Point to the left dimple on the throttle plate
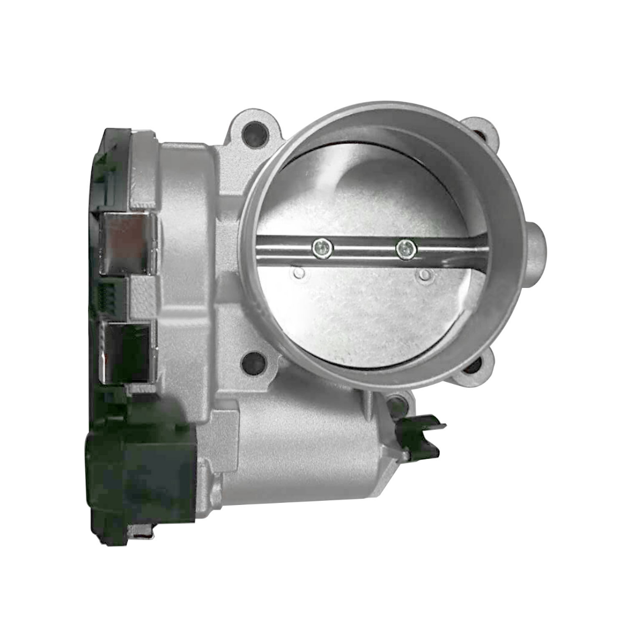pos(298,273)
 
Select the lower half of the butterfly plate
pos(365,313)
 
